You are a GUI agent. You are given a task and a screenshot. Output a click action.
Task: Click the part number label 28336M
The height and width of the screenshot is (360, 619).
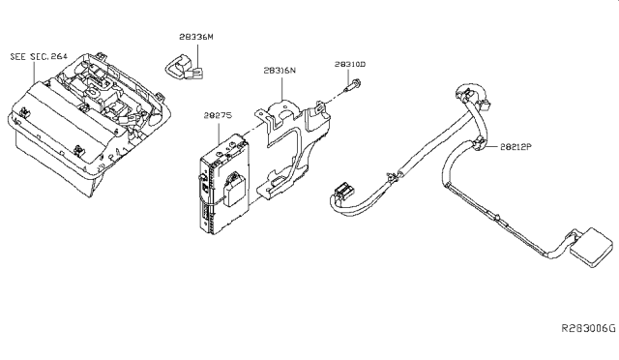click(196, 37)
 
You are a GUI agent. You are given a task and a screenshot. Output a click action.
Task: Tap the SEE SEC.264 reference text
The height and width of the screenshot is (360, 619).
click(39, 56)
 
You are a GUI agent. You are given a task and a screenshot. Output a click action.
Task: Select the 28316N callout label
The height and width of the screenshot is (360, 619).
click(280, 71)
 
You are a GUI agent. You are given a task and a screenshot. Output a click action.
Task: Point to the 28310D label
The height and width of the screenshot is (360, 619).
click(350, 64)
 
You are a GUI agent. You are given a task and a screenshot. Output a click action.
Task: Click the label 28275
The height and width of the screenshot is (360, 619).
click(218, 115)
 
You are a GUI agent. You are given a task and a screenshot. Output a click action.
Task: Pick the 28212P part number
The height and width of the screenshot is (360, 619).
click(516, 146)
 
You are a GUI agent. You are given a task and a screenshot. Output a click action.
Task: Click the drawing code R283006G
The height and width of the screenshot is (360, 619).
click(589, 328)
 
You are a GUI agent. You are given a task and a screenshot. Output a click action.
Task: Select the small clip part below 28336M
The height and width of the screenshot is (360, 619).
click(184, 67)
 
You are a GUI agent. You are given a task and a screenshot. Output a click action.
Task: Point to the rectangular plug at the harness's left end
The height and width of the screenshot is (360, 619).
click(343, 191)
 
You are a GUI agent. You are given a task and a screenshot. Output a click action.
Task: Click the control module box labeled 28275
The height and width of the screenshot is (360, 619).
click(223, 184)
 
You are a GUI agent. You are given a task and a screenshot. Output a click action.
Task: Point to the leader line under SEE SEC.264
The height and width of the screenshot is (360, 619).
click(35, 72)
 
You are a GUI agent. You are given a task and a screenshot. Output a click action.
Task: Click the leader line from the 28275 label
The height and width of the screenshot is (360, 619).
click(219, 132)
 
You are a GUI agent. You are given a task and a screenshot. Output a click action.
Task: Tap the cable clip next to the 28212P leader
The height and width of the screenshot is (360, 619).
click(480, 144)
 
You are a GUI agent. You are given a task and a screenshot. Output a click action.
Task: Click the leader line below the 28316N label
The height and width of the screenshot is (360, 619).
click(281, 87)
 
